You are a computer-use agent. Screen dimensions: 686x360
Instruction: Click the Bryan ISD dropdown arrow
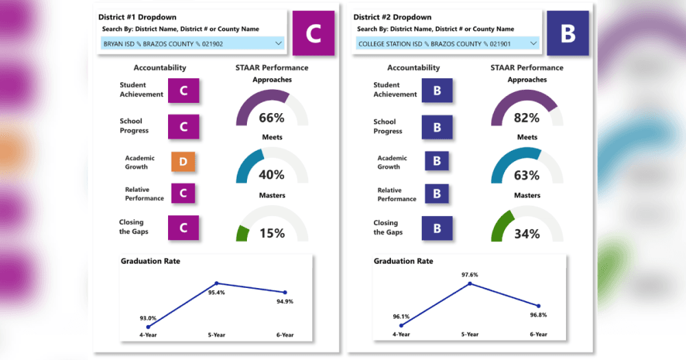pyautogui.click(x=279, y=43)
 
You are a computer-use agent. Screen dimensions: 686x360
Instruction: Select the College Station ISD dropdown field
pyautogui.click(x=447, y=43)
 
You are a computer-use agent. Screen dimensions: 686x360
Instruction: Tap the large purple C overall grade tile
pyautogui.click(x=314, y=33)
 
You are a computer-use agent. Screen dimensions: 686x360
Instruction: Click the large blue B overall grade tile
pyautogui.click(x=568, y=33)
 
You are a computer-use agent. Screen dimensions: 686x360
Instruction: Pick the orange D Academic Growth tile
pyautogui.click(x=183, y=162)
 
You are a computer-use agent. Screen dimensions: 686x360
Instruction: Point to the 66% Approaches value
pyautogui.click(x=272, y=118)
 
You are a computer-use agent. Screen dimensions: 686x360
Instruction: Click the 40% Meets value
pyautogui.click(x=272, y=175)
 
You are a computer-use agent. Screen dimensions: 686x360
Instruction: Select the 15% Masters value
pyautogui.click(x=272, y=233)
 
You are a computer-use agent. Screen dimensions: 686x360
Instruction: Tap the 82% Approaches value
pyautogui.click(x=527, y=118)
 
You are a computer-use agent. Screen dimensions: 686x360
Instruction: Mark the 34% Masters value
pyautogui.click(x=527, y=234)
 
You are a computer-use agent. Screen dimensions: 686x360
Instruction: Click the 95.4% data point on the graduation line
pyautogui.click(x=217, y=283)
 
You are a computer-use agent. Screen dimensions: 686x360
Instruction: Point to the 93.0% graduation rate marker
pyautogui.click(x=148, y=327)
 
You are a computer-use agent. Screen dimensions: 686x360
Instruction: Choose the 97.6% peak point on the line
pyautogui.click(x=470, y=284)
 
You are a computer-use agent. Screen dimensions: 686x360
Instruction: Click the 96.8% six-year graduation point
pyautogui.click(x=539, y=307)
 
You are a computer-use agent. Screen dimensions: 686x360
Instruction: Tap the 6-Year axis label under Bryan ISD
pyautogui.click(x=285, y=335)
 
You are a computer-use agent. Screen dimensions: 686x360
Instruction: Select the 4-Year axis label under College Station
pyautogui.click(x=401, y=334)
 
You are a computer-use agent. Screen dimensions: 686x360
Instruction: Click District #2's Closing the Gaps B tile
pyautogui.click(x=437, y=228)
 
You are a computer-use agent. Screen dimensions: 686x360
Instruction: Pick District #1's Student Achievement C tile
pyautogui.click(x=184, y=91)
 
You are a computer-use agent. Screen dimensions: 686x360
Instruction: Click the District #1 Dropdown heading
pyautogui.click(x=137, y=17)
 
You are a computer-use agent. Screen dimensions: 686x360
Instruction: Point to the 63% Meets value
pyautogui.click(x=527, y=175)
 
